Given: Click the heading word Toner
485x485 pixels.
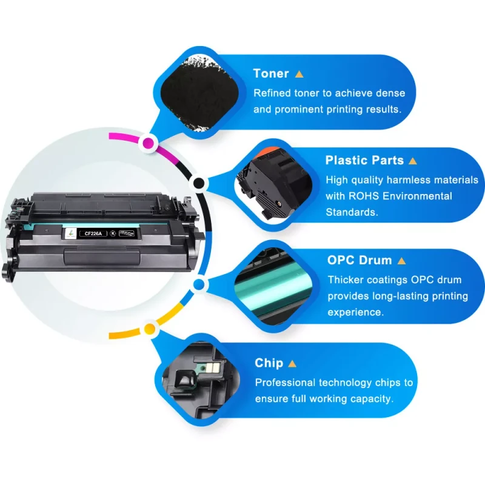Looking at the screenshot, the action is [271, 73].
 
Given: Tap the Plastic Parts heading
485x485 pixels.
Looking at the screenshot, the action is [364, 161].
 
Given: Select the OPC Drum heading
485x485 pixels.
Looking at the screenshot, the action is [360, 260].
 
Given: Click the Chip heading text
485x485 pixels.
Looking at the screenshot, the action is [269, 363].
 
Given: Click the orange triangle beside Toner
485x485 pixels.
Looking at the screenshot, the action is [299, 74].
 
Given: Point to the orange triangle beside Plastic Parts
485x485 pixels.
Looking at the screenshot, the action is [413, 161].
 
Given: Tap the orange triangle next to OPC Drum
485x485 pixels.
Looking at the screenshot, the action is [401, 261].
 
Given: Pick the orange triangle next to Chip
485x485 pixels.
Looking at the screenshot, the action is [292, 364].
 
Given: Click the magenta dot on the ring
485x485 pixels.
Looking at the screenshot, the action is [148, 144].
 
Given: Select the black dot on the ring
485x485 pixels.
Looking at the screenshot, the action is [198, 183].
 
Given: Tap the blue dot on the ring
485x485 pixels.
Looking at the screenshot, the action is [198, 284].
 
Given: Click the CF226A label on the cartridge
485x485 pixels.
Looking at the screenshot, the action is [90, 231].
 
